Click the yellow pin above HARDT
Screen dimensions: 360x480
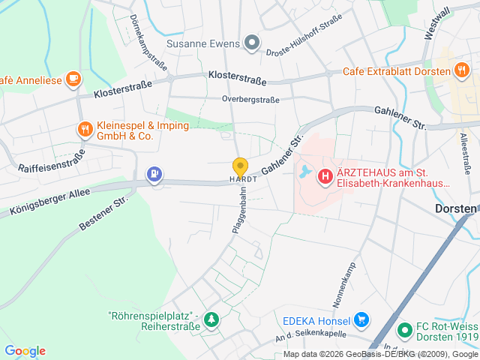pos(240,166)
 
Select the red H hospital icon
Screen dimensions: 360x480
pos(325,177)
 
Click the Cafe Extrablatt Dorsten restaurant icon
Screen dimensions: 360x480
pos(461,71)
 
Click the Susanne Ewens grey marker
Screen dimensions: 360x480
pos(252,43)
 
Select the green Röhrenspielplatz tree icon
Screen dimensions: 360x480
pos(212,320)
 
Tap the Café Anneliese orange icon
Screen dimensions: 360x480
pos(73,77)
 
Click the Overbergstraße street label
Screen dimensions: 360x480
pos(250,99)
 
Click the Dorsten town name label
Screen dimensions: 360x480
pos(456,209)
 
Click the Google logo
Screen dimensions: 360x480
pos(25,351)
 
